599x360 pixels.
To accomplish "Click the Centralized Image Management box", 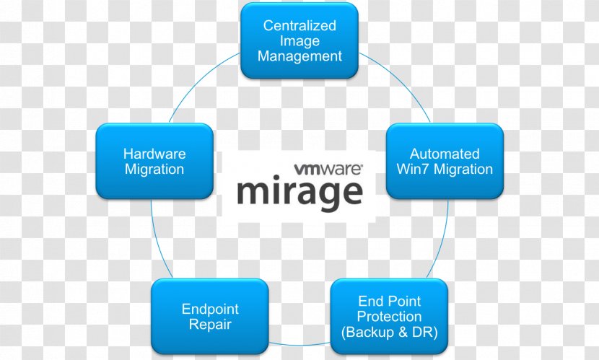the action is click(299, 41).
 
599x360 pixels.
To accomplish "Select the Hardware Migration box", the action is click(154, 161).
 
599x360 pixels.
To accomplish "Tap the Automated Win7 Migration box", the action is click(445, 161).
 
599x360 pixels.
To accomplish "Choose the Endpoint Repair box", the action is click(210, 317).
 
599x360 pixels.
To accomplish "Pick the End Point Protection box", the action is click(389, 317).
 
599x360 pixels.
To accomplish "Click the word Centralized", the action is click(299, 25).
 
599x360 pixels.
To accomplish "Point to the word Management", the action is click(299, 56).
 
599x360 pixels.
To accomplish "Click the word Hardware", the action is click(154, 154).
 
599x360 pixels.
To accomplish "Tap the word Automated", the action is click(445, 154).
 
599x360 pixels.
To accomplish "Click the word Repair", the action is click(210, 325).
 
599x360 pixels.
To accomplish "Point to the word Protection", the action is click(389, 317).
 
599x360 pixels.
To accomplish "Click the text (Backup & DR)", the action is click(389, 332).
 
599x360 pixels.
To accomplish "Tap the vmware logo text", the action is click(328, 169).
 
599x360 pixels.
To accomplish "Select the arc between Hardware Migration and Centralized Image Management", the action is click(201, 84).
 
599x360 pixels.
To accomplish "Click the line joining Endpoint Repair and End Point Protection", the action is click(299, 344).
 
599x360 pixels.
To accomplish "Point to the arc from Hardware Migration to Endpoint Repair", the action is click(158, 240).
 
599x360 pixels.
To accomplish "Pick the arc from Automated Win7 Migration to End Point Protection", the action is click(442, 240).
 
